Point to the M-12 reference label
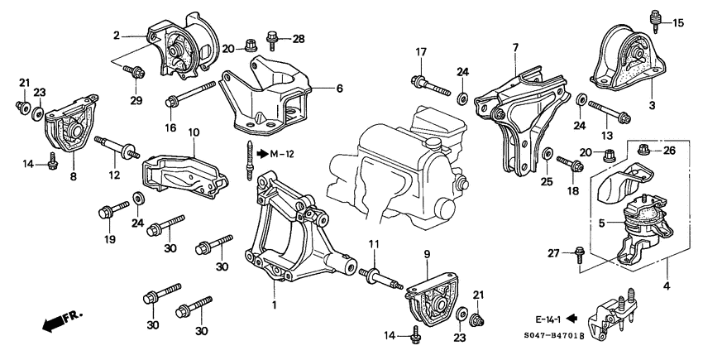click(281, 153)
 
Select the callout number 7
click(514, 47)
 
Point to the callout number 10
click(194, 132)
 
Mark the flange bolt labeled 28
click(272, 37)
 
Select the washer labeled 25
click(546, 154)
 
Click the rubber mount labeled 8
click(66, 131)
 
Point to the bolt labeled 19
click(112, 207)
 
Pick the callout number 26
click(669, 150)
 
